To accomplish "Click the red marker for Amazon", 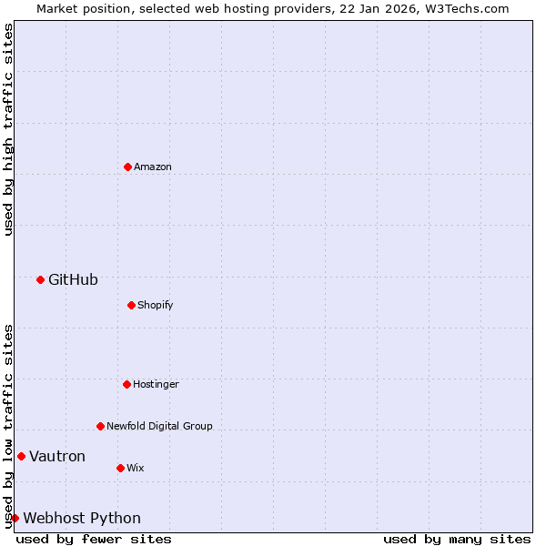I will pos(127,167).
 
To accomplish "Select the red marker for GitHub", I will pos(40,279).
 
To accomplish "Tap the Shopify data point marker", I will pos(131,305).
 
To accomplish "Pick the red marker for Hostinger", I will pos(126,384).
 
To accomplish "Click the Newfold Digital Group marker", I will pos(100,426).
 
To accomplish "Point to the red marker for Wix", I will pos(120,468).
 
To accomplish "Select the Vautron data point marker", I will pos(21,456).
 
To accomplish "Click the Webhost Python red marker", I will pos(15,518).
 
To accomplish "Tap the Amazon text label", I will pos(153,167).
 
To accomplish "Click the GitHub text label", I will pos(73,279).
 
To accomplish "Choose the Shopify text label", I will pos(156,306).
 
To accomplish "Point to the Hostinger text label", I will pos(156,385).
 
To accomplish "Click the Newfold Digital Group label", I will pos(159,427).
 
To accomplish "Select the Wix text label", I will pos(135,469).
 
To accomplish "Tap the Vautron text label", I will pos(57,457).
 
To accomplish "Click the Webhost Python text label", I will pos(82,519).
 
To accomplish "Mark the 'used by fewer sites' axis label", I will pos(94,539).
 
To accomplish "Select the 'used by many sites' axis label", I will pos(457,539).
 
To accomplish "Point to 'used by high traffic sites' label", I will pos(9,129).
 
